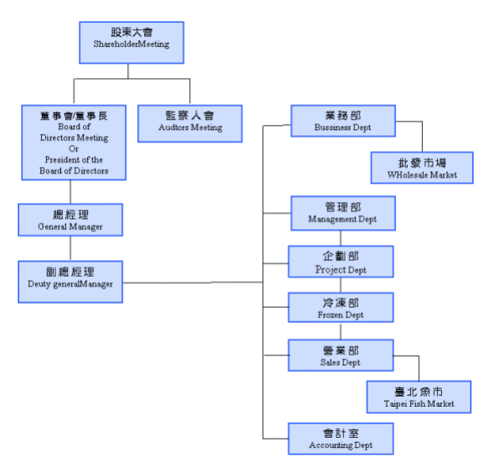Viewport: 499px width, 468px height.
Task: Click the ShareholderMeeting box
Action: click(131, 43)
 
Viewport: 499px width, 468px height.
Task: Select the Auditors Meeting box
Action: click(190, 123)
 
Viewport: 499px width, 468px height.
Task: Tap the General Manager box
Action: click(70, 220)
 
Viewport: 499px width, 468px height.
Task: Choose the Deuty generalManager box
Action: click(70, 282)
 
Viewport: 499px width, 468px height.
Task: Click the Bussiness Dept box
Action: click(343, 121)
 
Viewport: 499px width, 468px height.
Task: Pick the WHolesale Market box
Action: click(422, 168)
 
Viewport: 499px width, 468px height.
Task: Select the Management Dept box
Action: click(343, 213)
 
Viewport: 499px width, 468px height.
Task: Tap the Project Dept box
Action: click(341, 262)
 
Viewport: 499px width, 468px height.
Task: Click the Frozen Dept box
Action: click(341, 308)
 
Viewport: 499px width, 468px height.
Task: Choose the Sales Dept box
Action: click(341, 356)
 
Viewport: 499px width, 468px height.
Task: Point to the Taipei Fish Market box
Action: click(419, 397)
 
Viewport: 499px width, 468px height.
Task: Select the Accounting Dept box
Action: click(341, 439)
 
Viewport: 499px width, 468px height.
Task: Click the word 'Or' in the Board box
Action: click(74, 149)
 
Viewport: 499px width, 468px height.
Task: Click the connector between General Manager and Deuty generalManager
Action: click(70, 248)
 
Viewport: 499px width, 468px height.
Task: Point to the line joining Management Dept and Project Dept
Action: click(341, 238)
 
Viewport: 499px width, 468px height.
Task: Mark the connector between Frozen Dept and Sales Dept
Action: click(341, 331)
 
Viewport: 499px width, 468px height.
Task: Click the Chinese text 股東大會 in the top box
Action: click(131, 32)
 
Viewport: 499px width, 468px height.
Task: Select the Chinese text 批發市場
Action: click(422, 163)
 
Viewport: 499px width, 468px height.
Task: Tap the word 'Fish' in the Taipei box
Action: click(417, 404)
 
